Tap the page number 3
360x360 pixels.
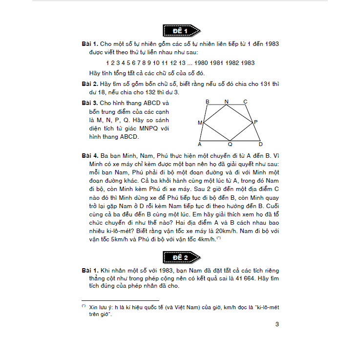[x=277, y=324]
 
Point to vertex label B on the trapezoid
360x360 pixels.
[x=208, y=102]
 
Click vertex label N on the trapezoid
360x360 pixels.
[x=226, y=102]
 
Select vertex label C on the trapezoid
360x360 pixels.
[x=245, y=102]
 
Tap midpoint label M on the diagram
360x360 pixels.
[x=200, y=123]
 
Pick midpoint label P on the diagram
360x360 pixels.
[x=256, y=122]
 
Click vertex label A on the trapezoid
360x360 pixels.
[x=200, y=145]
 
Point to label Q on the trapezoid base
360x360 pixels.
[x=230, y=145]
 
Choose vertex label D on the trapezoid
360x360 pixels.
[x=260, y=145]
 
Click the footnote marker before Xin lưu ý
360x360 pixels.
[x=84, y=306]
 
